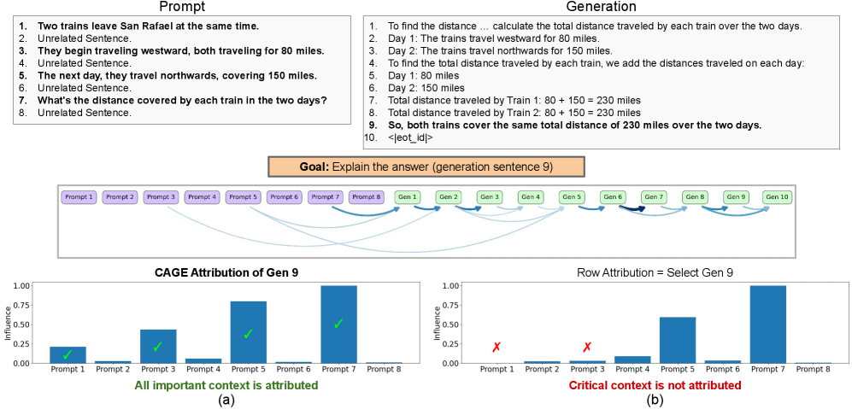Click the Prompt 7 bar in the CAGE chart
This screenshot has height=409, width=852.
pyautogui.click(x=338, y=324)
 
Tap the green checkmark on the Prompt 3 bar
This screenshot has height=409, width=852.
pyautogui.click(x=157, y=347)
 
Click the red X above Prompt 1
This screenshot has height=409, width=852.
pyautogui.click(x=496, y=348)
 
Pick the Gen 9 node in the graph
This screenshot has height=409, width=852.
pyautogui.click(x=737, y=197)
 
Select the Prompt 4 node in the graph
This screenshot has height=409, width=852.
pyautogui.click(x=201, y=197)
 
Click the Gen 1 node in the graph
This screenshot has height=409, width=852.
pyautogui.click(x=408, y=197)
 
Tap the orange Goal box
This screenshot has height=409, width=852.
pyautogui.click(x=426, y=166)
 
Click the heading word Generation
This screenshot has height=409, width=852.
pyautogui.click(x=608, y=7)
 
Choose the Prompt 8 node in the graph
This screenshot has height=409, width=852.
pyautogui.click(x=367, y=197)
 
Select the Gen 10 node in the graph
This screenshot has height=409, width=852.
pyautogui.click(x=779, y=197)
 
